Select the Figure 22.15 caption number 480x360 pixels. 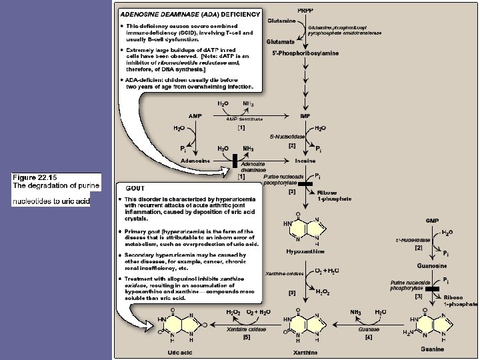[36, 177]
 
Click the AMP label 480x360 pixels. [195, 115]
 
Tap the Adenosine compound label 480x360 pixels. [195, 161]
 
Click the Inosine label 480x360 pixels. [305, 161]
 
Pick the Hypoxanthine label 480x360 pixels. [304, 252]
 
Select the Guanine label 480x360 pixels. [433, 348]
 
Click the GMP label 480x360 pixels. [432, 219]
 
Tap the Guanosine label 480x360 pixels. [431, 265]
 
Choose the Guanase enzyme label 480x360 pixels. [368, 329]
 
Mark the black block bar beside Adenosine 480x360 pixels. [235, 161]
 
